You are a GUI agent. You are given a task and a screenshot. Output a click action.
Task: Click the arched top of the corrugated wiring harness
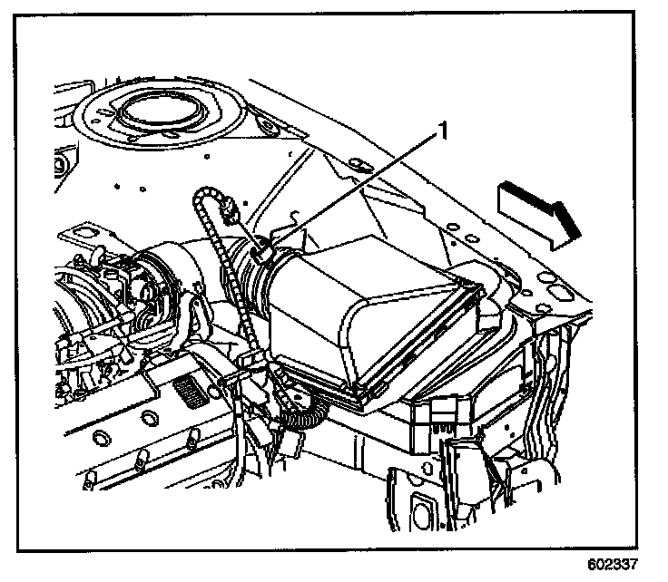[204, 195]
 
